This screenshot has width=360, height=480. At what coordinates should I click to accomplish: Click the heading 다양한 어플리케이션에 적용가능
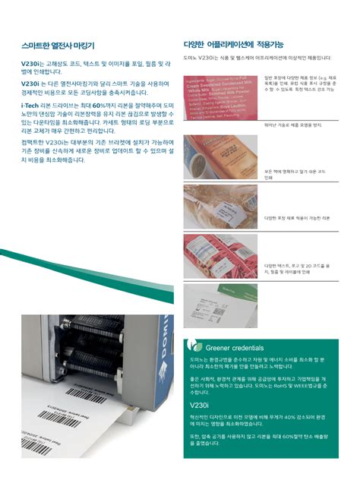tap(234, 45)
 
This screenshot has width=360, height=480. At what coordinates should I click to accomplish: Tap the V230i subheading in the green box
tap(199, 406)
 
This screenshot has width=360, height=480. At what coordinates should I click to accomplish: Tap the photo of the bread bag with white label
tap(221, 205)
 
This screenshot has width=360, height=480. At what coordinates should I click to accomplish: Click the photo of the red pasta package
tap(221, 255)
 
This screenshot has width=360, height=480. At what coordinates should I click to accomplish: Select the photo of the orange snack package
tap(221, 155)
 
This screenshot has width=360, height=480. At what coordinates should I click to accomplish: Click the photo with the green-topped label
tap(221, 305)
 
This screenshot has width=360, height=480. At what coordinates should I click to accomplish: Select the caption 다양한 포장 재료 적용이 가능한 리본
tap(297, 218)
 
